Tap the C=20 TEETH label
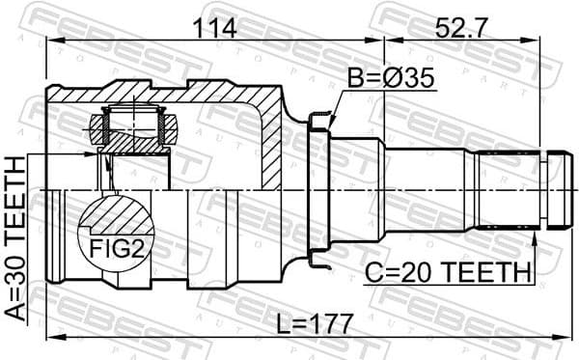(448, 275)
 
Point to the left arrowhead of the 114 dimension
(50, 41)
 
